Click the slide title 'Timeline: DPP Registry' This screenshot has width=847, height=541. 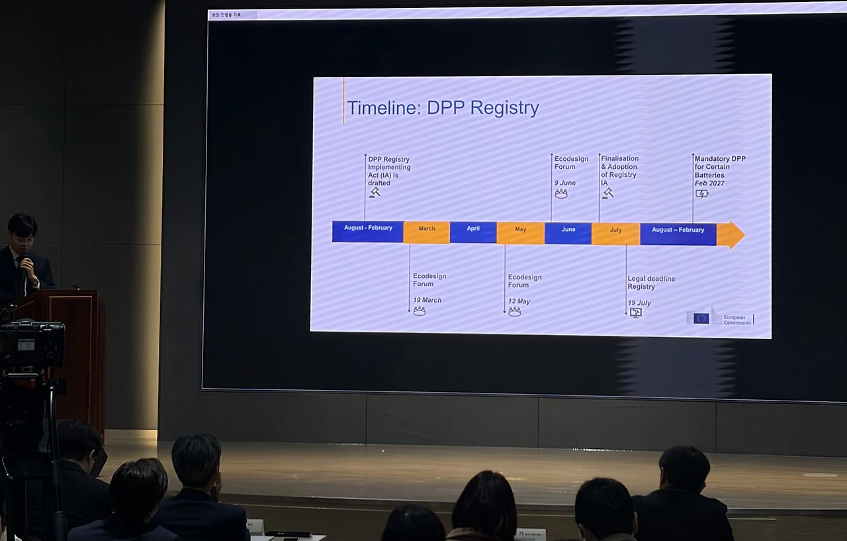[x=443, y=108]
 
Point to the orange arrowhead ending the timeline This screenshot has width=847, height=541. [x=731, y=234]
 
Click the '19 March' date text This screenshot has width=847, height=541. [x=427, y=300]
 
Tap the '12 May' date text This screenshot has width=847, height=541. [x=519, y=301]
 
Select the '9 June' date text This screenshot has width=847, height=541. [x=565, y=183]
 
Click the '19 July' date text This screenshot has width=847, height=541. [x=639, y=303]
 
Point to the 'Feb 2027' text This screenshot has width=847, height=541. [x=709, y=183]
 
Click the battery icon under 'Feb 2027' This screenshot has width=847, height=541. [x=701, y=193]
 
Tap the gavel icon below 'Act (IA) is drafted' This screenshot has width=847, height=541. [x=375, y=192]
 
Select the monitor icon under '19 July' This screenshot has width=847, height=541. [x=635, y=313]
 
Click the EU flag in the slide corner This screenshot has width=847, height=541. [x=701, y=318]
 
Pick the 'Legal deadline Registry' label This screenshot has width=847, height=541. [x=651, y=283]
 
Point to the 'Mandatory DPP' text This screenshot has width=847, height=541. [x=720, y=159]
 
